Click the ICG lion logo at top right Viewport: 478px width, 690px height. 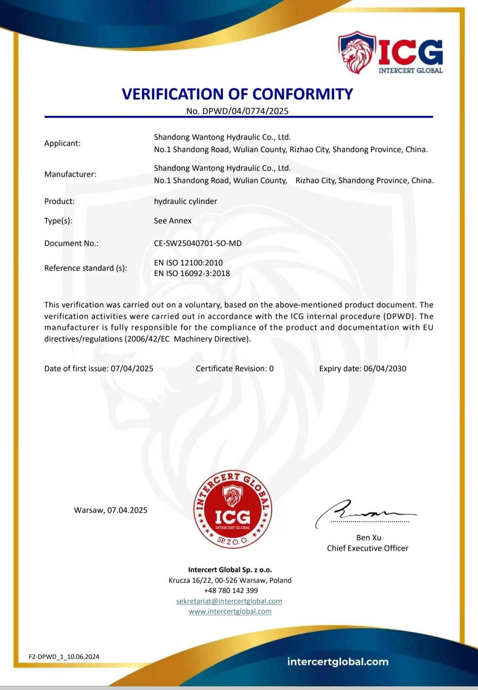click(390, 52)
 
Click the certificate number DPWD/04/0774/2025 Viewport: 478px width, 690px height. click(245, 111)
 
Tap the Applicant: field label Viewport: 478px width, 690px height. click(62, 143)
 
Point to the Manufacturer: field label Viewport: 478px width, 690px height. click(70, 174)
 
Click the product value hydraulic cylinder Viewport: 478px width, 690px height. click(185, 201)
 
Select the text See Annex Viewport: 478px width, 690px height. click(173, 221)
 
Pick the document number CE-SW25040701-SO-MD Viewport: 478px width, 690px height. click(198, 243)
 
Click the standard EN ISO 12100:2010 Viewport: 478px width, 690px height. click(189, 263)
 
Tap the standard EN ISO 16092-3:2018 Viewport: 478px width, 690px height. click(192, 274)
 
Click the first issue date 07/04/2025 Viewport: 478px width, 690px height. click(132, 369)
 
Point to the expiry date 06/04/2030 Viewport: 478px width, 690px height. click(385, 369)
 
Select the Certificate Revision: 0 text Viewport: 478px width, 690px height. click(235, 369)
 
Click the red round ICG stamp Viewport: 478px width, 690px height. click(233, 509)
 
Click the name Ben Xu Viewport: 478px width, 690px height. click(369, 538)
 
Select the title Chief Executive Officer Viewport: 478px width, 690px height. click(368, 548)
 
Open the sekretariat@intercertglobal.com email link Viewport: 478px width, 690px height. click(229, 601)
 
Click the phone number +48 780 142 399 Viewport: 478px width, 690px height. click(231, 591)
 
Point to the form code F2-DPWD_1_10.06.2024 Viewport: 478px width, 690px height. click(64, 657)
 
